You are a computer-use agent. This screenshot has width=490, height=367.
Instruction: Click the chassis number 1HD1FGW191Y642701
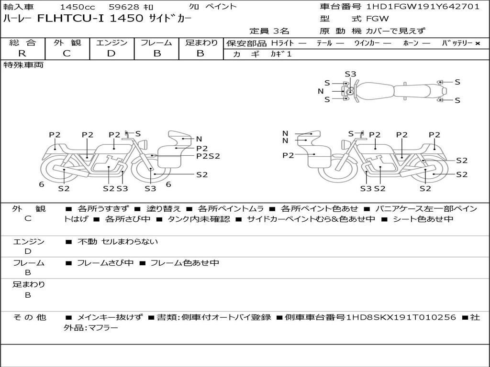click(423, 7)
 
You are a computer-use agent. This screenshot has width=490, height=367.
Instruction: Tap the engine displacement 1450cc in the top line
click(78, 7)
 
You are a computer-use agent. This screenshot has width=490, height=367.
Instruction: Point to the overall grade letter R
click(22, 54)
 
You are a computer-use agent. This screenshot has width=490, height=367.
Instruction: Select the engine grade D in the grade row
click(111, 54)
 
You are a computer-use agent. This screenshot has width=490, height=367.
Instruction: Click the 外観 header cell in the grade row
click(67, 43)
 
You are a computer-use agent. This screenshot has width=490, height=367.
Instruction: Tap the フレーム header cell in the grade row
click(156, 43)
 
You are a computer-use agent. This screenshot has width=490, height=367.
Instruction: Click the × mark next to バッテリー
click(478, 43)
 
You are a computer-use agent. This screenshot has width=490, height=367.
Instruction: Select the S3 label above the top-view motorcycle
click(350, 74)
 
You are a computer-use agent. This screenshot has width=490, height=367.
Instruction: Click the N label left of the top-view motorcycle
click(321, 91)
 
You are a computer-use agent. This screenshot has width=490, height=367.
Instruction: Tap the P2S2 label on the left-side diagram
click(208, 156)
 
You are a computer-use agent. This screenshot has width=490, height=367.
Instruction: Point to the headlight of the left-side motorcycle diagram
click(144, 144)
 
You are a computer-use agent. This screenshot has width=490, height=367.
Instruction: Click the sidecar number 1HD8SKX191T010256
click(401, 317)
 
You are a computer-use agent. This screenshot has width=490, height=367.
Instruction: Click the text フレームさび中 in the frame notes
click(105, 263)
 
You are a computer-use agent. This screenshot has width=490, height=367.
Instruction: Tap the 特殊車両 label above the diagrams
click(23, 65)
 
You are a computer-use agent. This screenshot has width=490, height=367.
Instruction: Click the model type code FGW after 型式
click(377, 19)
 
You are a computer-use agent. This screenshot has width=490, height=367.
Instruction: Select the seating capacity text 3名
click(281, 31)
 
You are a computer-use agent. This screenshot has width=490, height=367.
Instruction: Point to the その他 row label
click(29, 317)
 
